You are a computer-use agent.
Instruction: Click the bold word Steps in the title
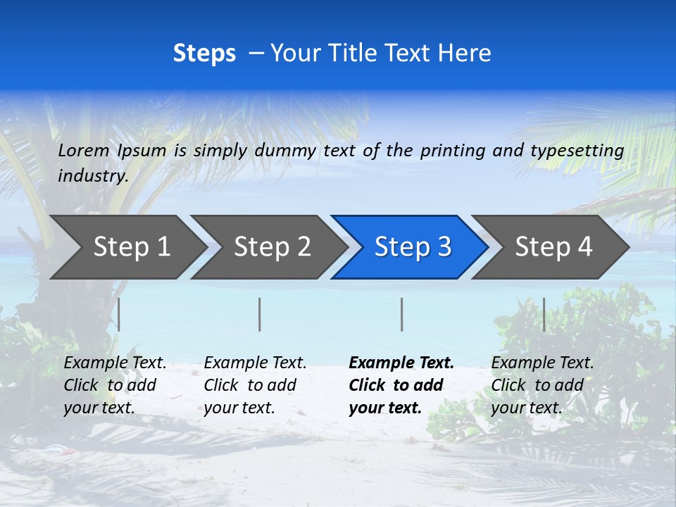click(204, 54)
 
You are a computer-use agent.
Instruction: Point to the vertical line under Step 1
click(119, 314)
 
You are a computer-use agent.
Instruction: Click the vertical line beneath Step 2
click(260, 314)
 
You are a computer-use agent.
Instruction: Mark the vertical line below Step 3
click(401, 314)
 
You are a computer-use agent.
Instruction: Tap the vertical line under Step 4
click(544, 314)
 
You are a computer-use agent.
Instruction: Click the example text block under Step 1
click(115, 385)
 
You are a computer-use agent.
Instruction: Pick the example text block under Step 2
click(255, 385)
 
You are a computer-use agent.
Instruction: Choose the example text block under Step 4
click(542, 385)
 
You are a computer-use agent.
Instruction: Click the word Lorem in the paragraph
click(84, 150)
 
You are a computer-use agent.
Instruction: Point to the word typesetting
click(577, 151)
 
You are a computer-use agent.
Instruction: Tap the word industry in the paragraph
click(92, 175)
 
